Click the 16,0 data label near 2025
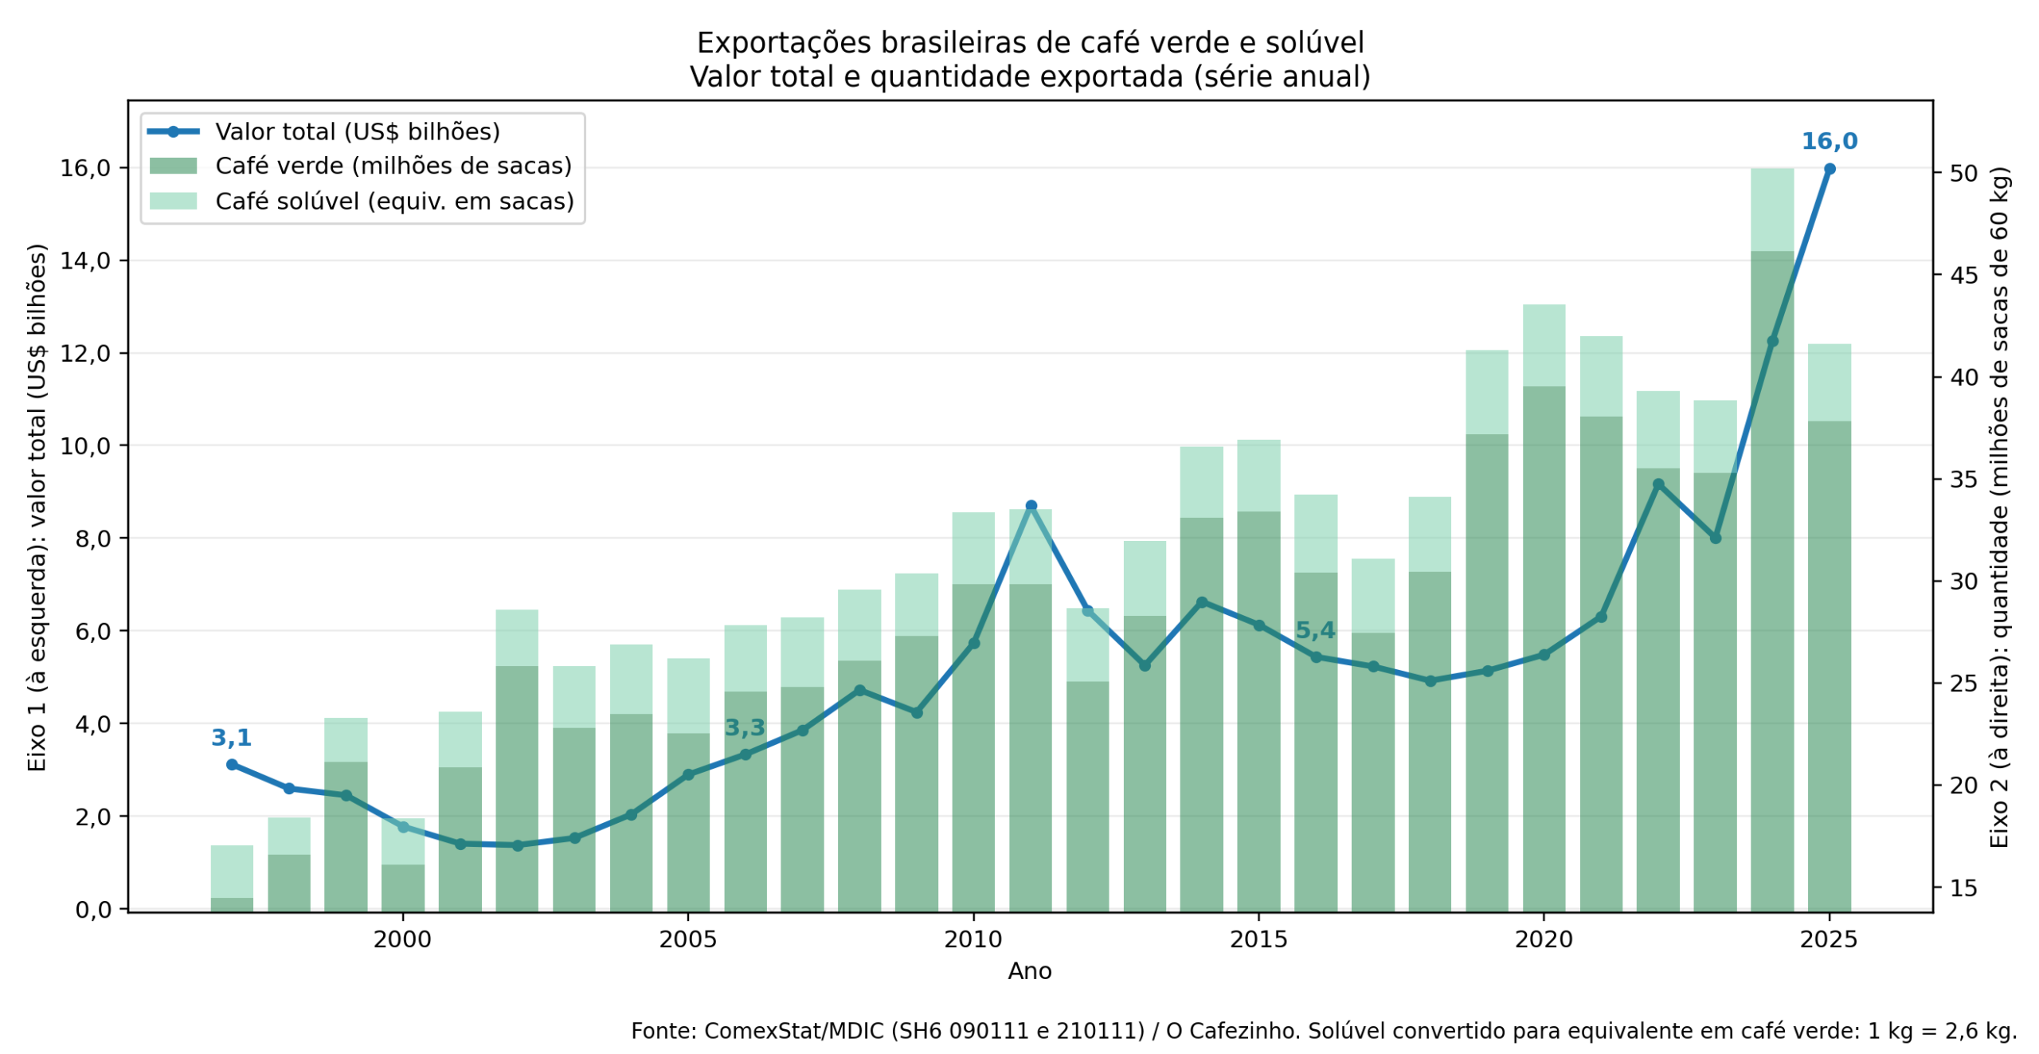pyautogui.click(x=1829, y=141)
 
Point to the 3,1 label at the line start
pyautogui.click(x=231, y=738)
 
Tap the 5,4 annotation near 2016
pyautogui.click(x=1315, y=630)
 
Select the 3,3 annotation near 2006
pyautogui.click(x=745, y=727)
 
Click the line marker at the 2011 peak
pyautogui.click(x=1031, y=506)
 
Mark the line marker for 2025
pyautogui.click(x=1830, y=169)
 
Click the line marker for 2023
pyautogui.click(x=1716, y=539)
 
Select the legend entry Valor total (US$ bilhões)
pyautogui.click(x=357, y=131)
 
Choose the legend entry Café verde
pyautogui.click(x=393, y=166)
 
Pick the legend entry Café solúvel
pyautogui.click(x=394, y=201)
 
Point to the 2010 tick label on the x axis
pyautogui.click(x=973, y=940)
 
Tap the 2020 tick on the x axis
pyautogui.click(x=1544, y=940)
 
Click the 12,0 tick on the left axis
pyautogui.click(x=85, y=353)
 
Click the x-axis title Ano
pyautogui.click(x=1030, y=971)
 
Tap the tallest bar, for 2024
pyautogui.click(x=1772, y=558)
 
